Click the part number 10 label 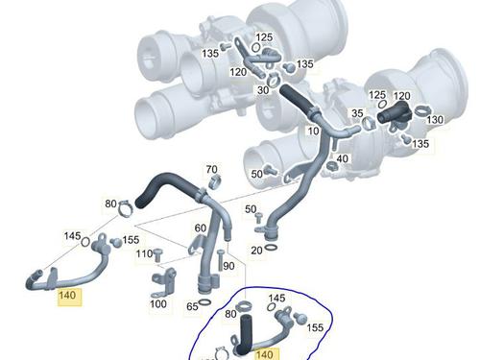(x=313, y=131)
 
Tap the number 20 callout (x=256, y=251)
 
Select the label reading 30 (x=263, y=90)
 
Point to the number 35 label (x=357, y=113)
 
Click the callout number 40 (x=342, y=158)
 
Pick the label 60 (x=201, y=228)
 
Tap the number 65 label (x=192, y=306)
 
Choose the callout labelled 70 (x=211, y=169)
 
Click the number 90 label (x=228, y=266)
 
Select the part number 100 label (x=158, y=303)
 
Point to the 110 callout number (x=144, y=254)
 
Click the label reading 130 (x=435, y=120)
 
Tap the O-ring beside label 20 (x=271, y=248)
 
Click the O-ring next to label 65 (x=204, y=302)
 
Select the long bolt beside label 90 (x=221, y=260)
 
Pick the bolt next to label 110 (x=158, y=255)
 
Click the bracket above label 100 (x=163, y=282)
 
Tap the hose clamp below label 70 (x=214, y=182)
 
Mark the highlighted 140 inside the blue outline (x=265, y=354)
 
